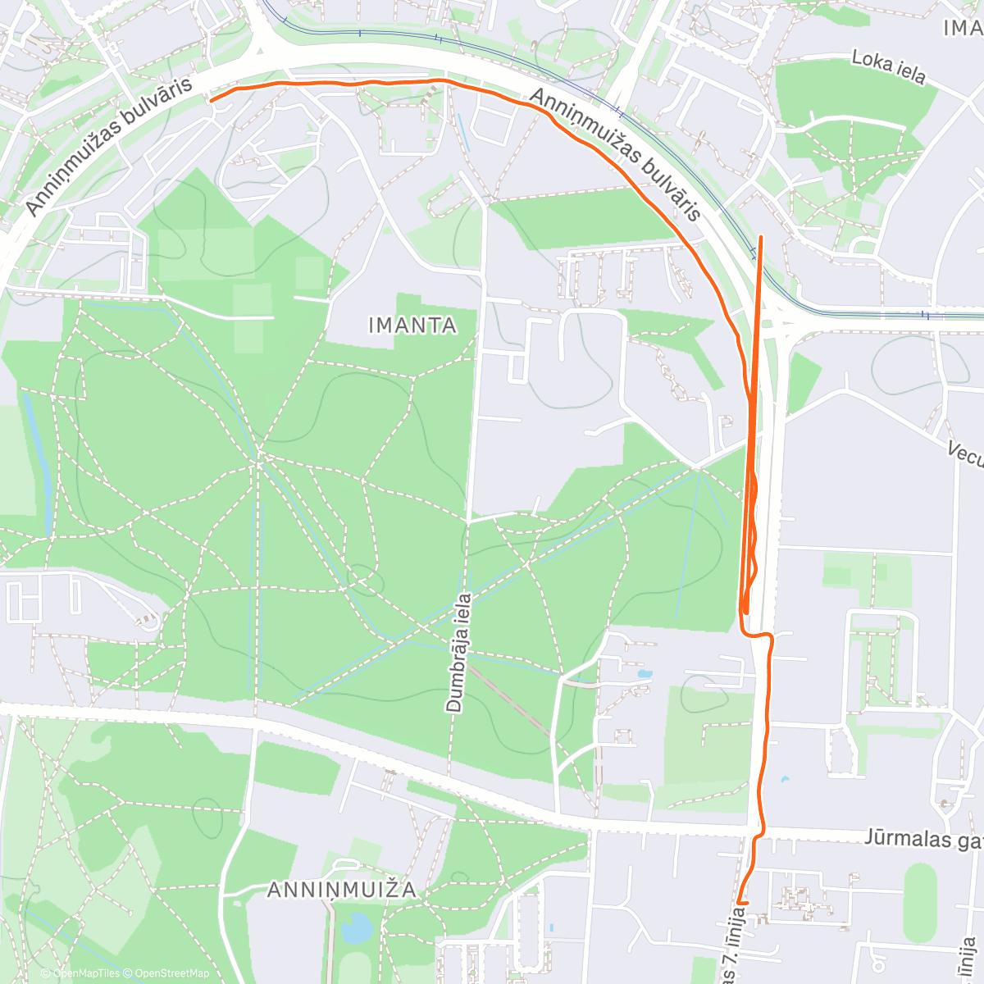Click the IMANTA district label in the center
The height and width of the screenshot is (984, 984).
412,326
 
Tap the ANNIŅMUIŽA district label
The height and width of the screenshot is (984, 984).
342,890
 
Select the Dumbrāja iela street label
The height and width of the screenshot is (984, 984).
458,653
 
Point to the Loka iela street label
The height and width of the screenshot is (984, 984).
888,67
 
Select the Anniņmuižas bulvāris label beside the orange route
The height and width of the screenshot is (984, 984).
616,155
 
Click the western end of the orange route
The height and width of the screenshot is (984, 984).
212,99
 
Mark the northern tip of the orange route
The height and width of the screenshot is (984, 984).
762,237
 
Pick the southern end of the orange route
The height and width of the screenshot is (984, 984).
739,902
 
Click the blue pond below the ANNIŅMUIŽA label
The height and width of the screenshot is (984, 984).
356,928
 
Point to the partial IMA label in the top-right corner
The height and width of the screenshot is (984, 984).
963,28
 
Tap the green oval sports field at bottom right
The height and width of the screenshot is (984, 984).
920,902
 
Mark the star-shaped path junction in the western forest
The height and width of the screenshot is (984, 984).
258,461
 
